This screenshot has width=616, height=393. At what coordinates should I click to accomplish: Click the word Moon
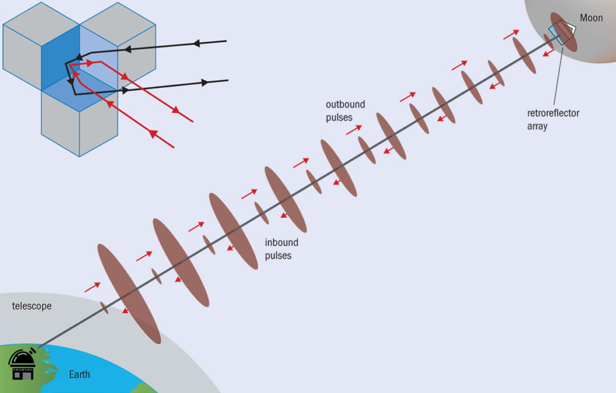click(591, 18)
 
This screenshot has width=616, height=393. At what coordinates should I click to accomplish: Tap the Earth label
click(79, 374)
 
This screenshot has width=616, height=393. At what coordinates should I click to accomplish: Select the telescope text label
click(32, 306)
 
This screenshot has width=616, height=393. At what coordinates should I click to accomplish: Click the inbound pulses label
click(282, 249)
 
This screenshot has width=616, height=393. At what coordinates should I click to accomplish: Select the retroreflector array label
click(553, 119)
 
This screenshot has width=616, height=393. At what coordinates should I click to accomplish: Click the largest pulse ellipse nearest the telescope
click(129, 294)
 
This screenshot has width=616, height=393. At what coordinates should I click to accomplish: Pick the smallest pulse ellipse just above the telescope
click(104, 308)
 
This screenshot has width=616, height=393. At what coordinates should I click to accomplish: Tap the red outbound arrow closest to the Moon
click(511, 35)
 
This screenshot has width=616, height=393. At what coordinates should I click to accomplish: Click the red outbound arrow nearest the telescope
click(92, 287)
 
